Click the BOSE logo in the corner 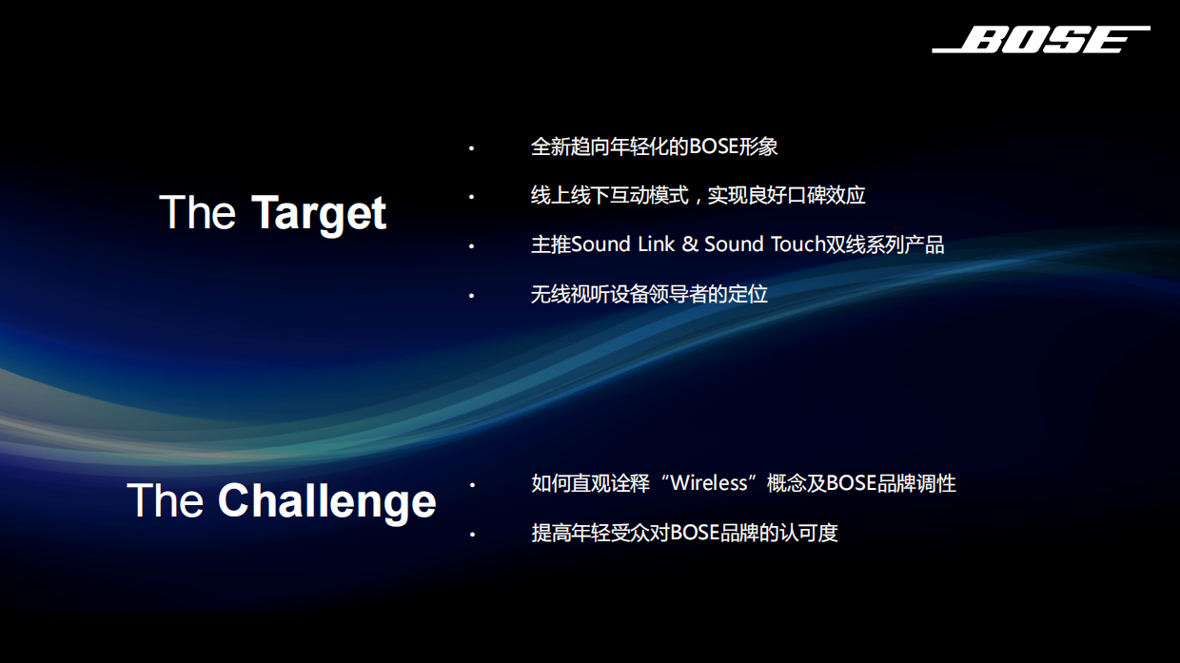click(x=1041, y=40)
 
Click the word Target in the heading click(x=319, y=213)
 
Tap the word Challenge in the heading click(x=326, y=501)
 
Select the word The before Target click(x=197, y=212)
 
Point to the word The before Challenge click(x=165, y=500)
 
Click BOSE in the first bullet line click(x=713, y=146)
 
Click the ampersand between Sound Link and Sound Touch click(x=690, y=244)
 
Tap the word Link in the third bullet click(x=656, y=244)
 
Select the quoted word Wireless click(x=709, y=483)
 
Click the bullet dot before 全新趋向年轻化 click(x=470, y=148)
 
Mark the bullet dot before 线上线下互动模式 click(x=470, y=197)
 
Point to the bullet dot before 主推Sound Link click(x=470, y=246)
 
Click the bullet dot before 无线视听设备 click(x=470, y=296)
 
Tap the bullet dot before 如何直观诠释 click(x=470, y=485)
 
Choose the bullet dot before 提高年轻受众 click(x=470, y=535)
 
